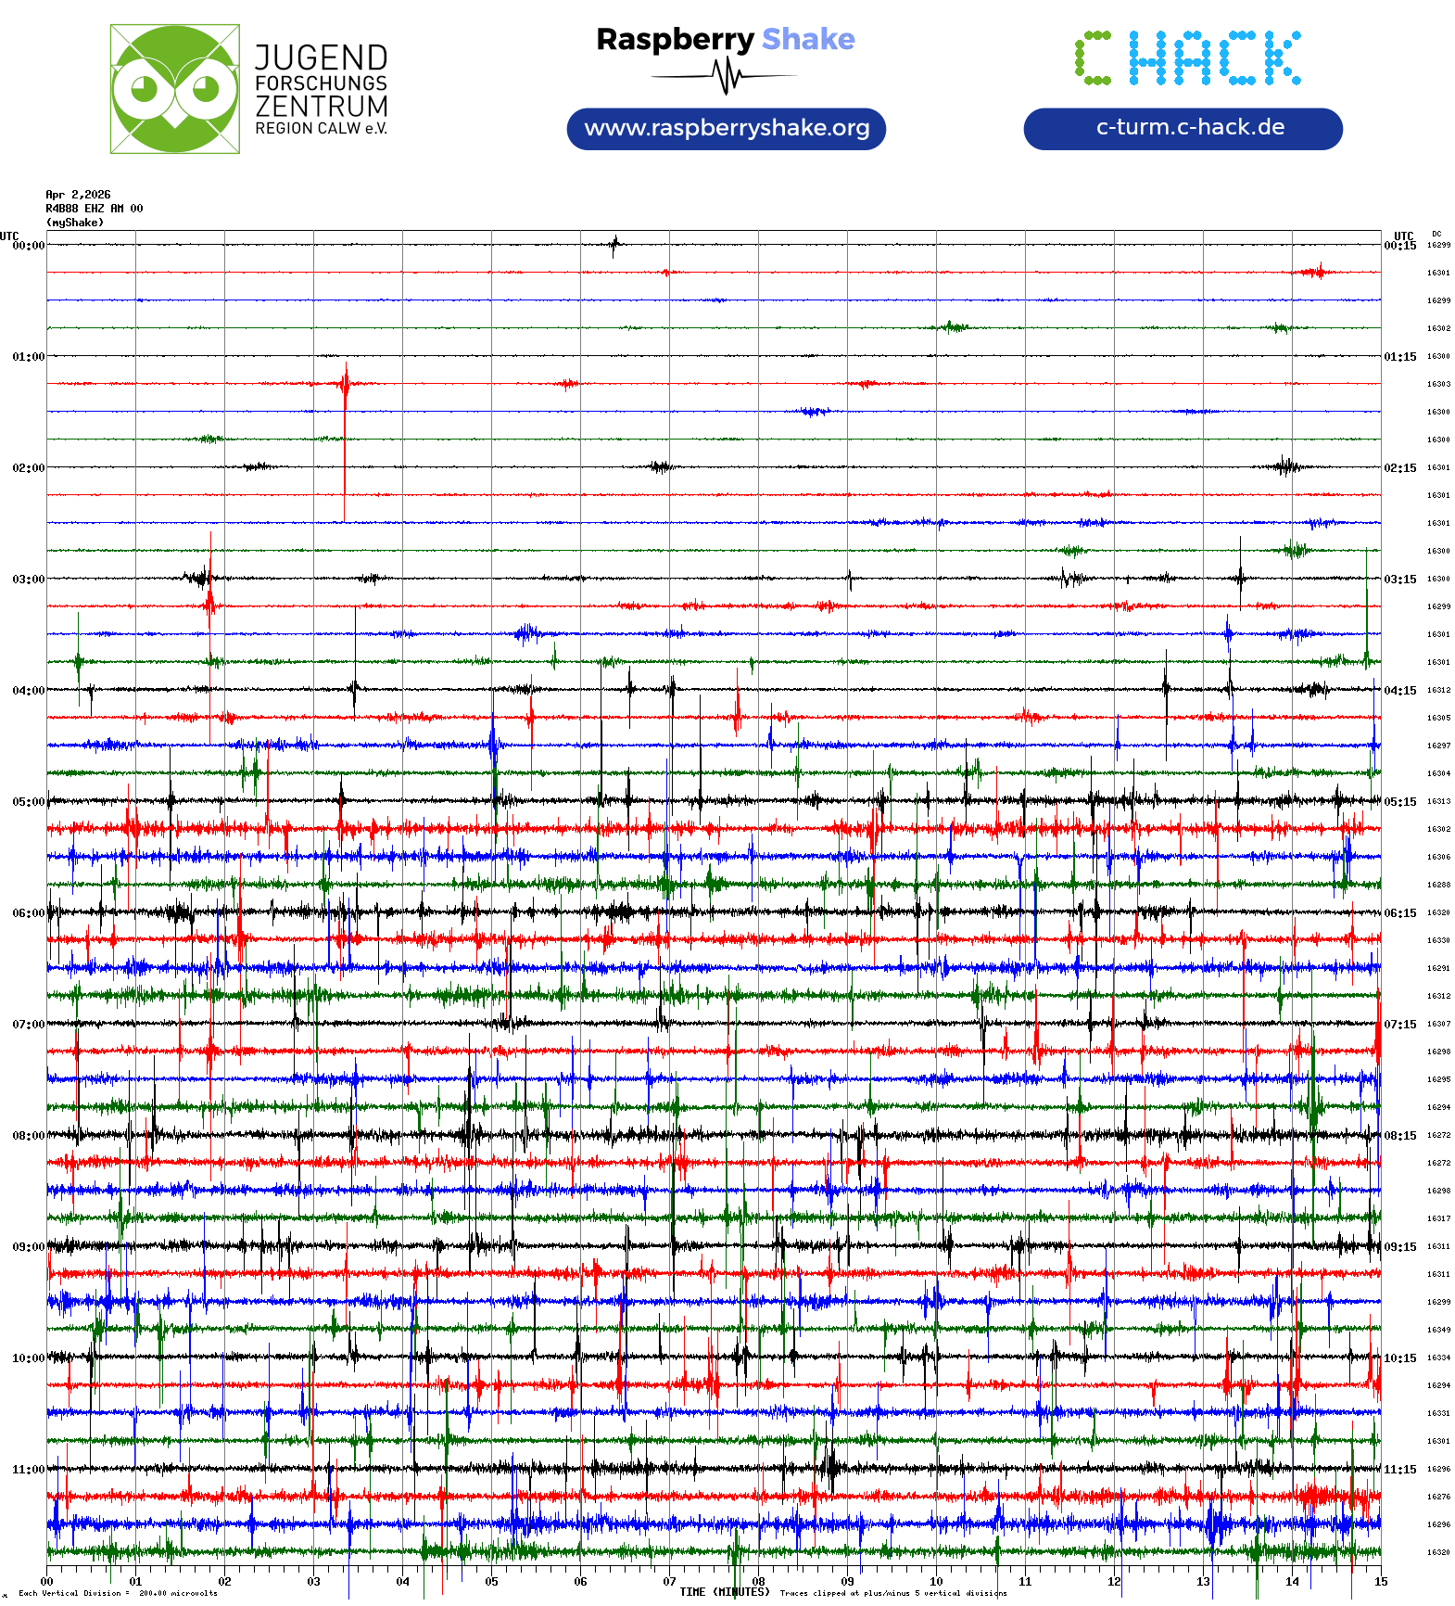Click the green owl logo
pyautogui.click(x=174, y=89)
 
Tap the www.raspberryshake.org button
pyautogui.click(x=726, y=128)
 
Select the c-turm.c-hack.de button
pyautogui.click(x=1182, y=128)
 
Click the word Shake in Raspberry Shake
pyautogui.click(x=808, y=39)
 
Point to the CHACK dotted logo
pyautogui.click(x=1187, y=57)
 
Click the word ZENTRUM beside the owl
pyautogui.click(x=322, y=107)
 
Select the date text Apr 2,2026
pyautogui.click(x=78, y=195)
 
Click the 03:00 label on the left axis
pyautogui.click(x=28, y=580)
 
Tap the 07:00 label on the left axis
pyautogui.click(x=28, y=1025)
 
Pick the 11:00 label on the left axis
pyautogui.click(x=28, y=1470)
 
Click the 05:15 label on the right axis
pyautogui.click(x=1400, y=802)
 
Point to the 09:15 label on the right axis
pyautogui.click(x=1400, y=1247)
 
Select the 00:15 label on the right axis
pyautogui.click(x=1400, y=246)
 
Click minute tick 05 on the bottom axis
pyautogui.click(x=491, y=1582)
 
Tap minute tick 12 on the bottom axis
pyautogui.click(x=1114, y=1582)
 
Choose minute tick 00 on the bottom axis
pyautogui.click(x=47, y=1582)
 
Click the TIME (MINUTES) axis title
pyautogui.click(x=724, y=1592)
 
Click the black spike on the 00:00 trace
pyautogui.click(x=614, y=246)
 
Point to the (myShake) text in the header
pyautogui.click(x=75, y=223)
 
